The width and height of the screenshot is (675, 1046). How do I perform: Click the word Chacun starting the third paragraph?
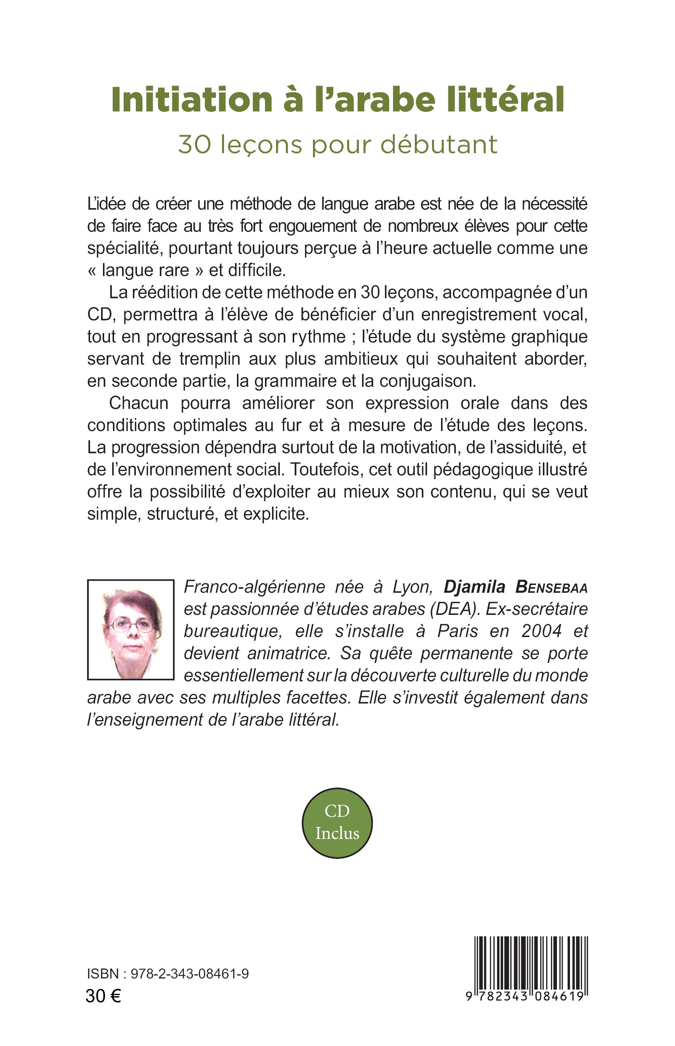point(138,403)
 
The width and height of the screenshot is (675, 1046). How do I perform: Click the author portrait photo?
point(131,630)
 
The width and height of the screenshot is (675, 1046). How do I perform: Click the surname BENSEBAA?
point(551,587)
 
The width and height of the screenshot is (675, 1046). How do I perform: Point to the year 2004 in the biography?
point(542,631)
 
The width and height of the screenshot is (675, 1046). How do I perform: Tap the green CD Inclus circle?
point(337,823)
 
